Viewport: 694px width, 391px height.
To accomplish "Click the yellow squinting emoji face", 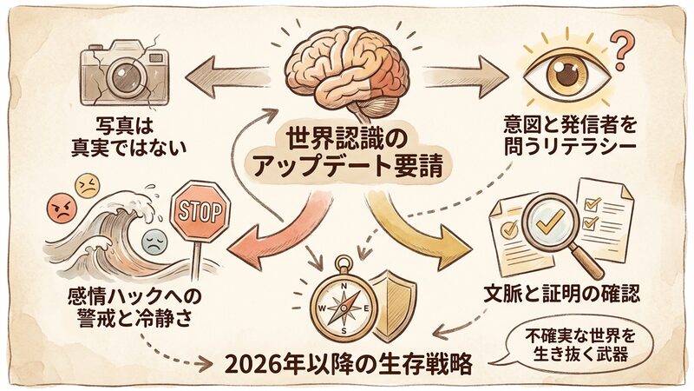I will (x=87, y=184).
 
